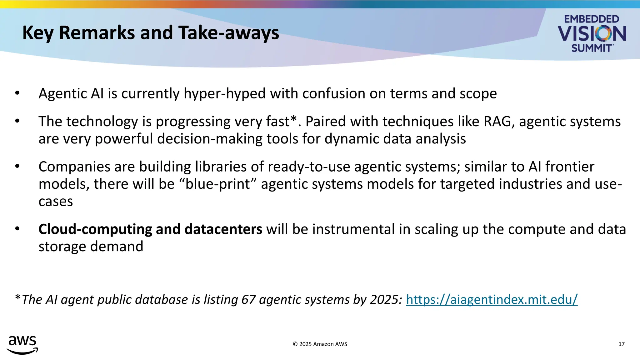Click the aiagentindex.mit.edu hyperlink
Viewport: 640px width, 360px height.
coord(492,299)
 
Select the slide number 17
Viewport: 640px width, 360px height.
coord(621,344)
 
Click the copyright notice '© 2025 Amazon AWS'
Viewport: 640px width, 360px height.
coord(320,344)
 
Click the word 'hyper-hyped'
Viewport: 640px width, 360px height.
coord(224,94)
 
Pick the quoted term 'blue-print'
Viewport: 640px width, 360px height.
coord(218,184)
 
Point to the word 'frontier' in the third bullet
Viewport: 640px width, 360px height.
coord(570,167)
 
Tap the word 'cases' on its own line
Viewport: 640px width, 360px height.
coord(56,202)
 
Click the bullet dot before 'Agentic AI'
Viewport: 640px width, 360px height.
coord(17,93)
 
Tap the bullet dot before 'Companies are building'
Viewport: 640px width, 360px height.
coord(17,166)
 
